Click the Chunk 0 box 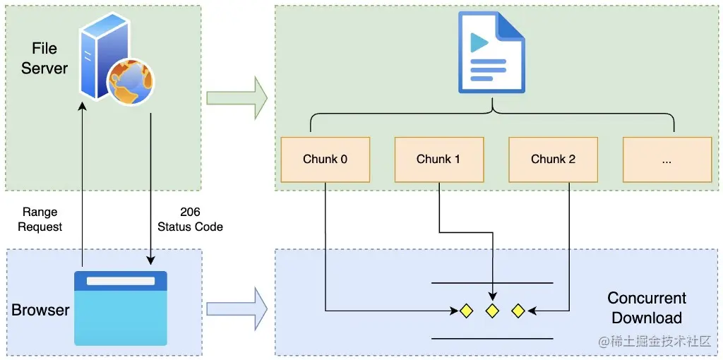pyautogui.click(x=325, y=159)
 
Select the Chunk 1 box pyautogui.click(x=438, y=159)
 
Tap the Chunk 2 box pyautogui.click(x=553, y=159)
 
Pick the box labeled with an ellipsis pyautogui.click(x=667, y=159)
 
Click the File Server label pyautogui.click(x=44, y=59)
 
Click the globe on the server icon pyautogui.click(x=130, y=81)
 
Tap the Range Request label pyautogui.click(x=40, y=220)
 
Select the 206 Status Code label pyautogui.click(x=190, y=220)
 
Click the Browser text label pyautogui.click(x=40, y=310)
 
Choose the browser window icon pyautogui.click(x=121, y=308)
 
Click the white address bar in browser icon pyautogui.click(x=121, y=281)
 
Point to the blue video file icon pyautogui.click(x=491, y=53)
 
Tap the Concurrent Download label pyautogui.click(x=646, y=308)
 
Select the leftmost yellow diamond pyautogui.click(x=466, y=311)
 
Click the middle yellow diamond pyautogui.click(x=492, y=311)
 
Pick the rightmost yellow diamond pyautogui.click(x=518, y=311)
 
